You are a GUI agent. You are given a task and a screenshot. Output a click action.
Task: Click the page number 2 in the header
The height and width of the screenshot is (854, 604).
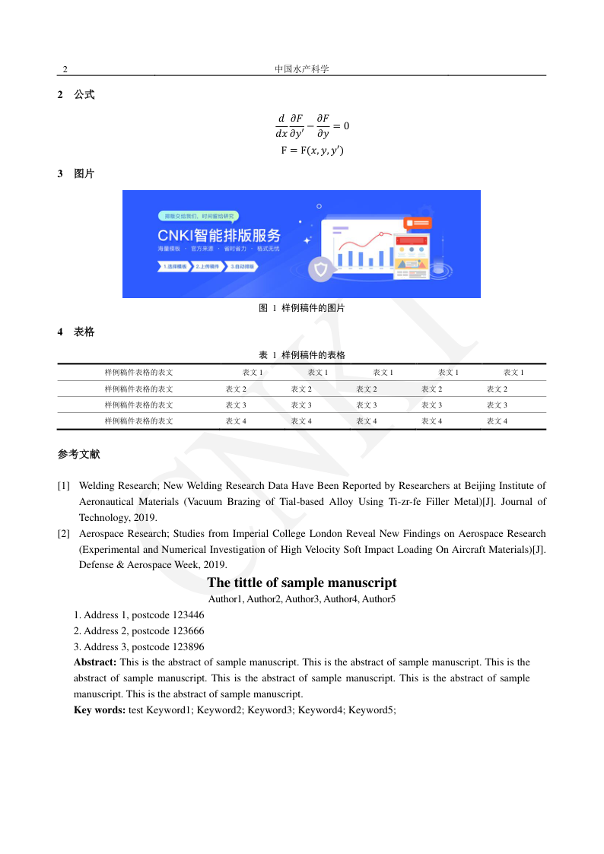tap(65, 69)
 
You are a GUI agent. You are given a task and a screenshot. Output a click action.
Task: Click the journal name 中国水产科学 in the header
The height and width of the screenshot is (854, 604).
tap(302, 69)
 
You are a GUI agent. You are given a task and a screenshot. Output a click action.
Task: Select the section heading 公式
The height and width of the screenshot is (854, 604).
tap(84, 95)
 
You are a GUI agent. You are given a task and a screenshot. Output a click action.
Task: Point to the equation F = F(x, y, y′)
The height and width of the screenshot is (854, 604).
tap(312, 151)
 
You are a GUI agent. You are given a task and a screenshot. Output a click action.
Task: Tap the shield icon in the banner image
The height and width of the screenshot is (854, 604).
tap(321, 270)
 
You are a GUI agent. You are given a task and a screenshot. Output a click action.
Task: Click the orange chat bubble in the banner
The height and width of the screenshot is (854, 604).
tap(418, 223)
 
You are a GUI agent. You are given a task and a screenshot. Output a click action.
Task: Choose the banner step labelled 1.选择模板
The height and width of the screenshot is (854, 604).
tap(173, 267)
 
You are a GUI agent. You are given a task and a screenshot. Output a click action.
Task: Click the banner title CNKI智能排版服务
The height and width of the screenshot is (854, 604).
tap(219, 235)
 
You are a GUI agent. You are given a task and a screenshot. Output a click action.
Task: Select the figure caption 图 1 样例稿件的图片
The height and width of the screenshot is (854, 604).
tap(302, 308)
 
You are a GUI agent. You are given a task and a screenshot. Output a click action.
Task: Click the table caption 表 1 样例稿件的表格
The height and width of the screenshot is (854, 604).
tap(302, 355)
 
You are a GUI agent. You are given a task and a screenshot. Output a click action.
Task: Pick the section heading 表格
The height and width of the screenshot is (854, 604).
tap(84, 332)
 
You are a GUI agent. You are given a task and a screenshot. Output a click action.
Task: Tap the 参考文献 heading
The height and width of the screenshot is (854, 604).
tap(78, 455)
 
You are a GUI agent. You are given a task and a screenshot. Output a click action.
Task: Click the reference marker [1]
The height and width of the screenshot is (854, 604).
tap(64, 485)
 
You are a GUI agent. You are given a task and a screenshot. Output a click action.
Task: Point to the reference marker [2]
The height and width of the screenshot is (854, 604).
tap(64, 534)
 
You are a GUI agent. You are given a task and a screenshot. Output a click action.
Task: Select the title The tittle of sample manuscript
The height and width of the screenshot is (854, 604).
tap(302, 583)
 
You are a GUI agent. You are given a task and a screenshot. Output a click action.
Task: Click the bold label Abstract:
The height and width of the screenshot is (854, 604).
tap(95, 662)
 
